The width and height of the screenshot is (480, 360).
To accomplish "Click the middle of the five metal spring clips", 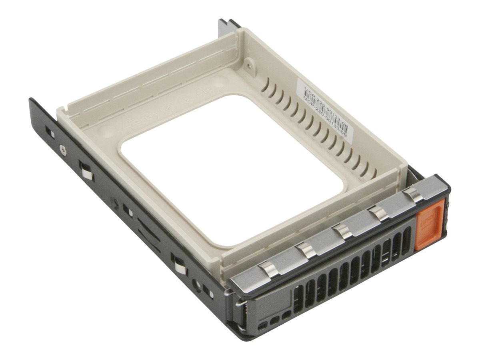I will click(342, 232).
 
